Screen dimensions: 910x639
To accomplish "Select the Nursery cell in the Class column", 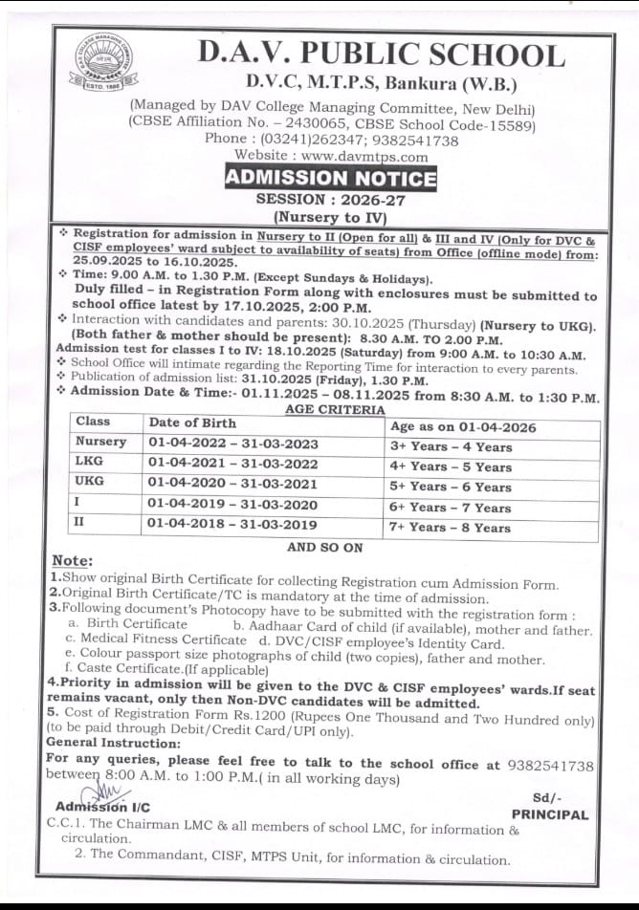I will (100, 442).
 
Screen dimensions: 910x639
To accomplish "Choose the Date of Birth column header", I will (192, 422).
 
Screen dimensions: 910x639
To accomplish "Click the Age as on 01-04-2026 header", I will (463, 427).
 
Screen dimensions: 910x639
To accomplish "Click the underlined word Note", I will (72, 560).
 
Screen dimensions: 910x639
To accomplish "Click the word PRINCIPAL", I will (550, 815).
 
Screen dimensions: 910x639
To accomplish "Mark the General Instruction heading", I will (113, 743).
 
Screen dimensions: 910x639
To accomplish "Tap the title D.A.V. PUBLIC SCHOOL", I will (381, 54).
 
